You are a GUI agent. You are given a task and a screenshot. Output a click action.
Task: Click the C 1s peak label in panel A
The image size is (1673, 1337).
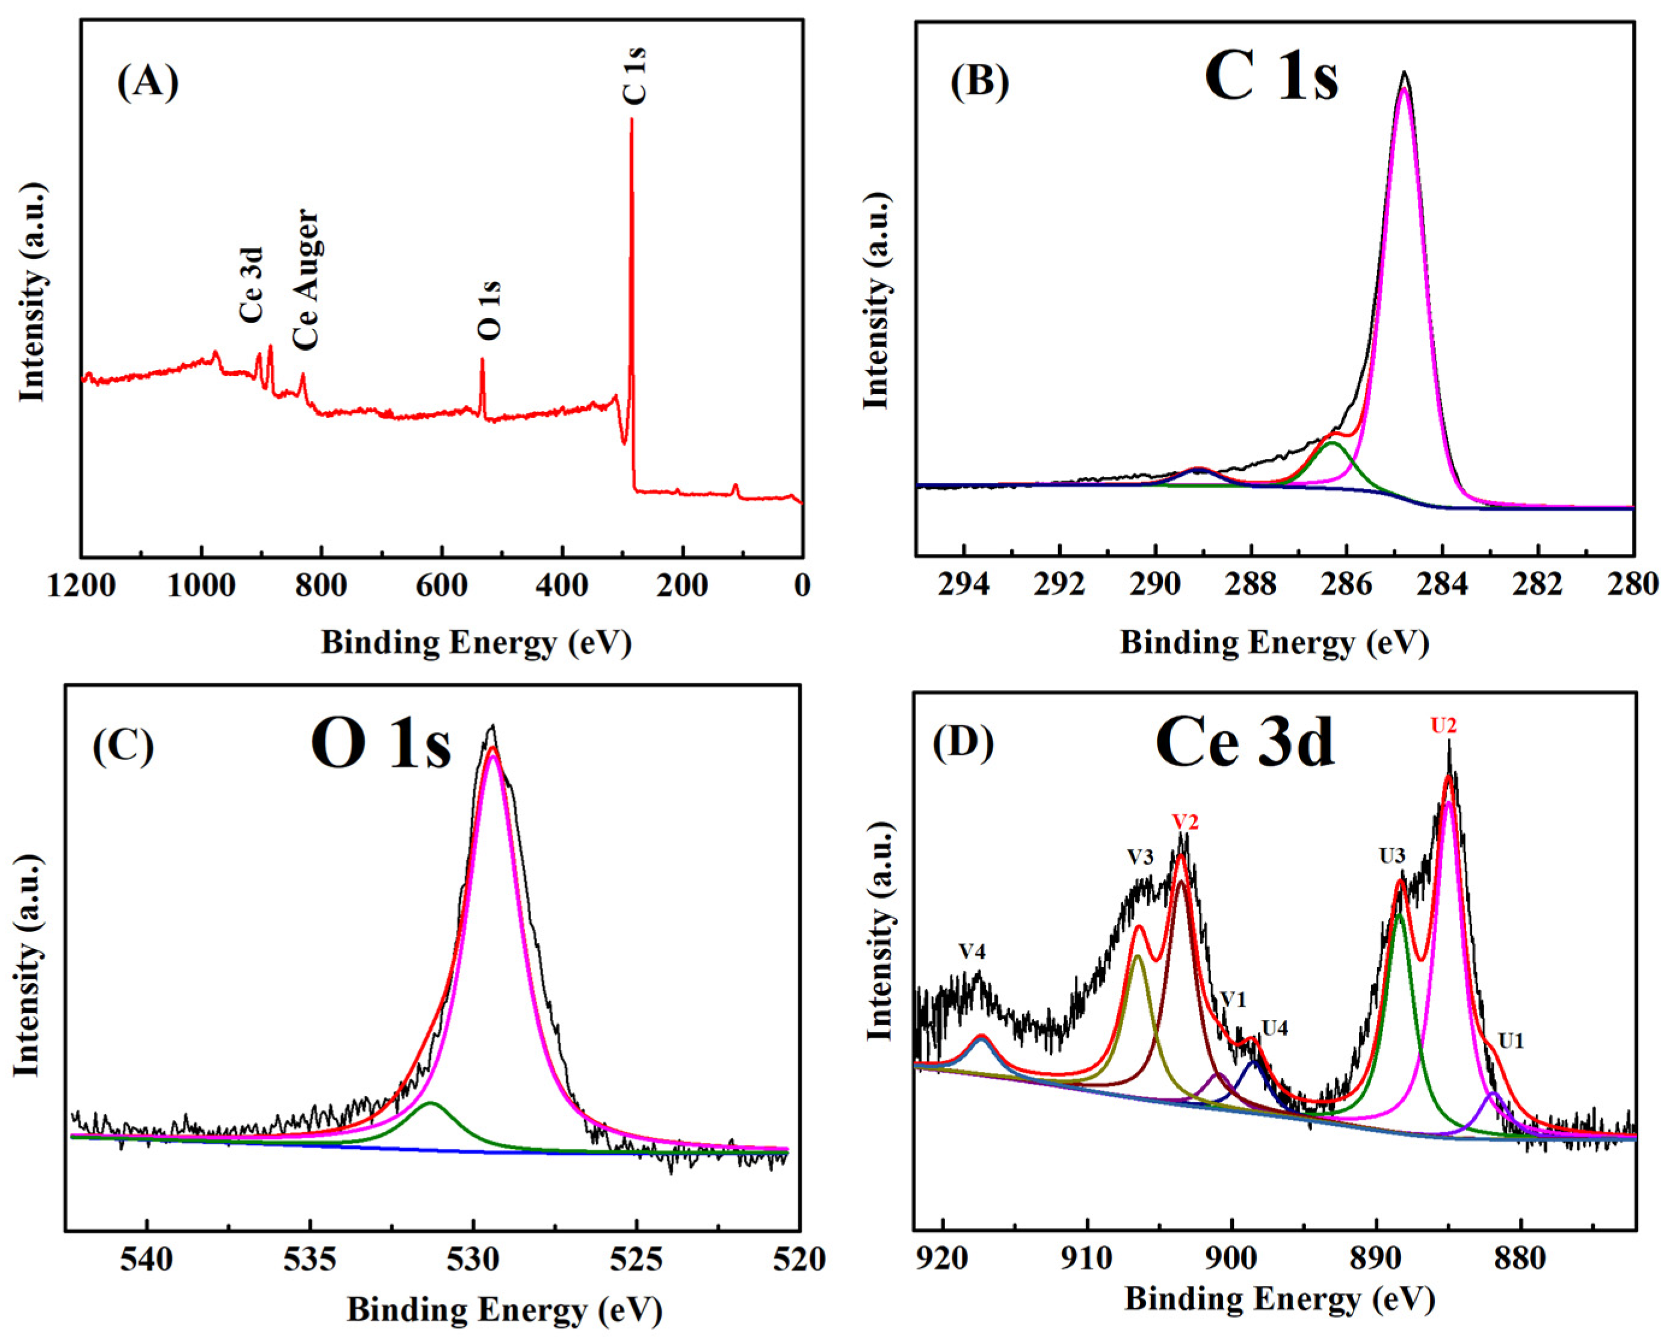click(635, 75)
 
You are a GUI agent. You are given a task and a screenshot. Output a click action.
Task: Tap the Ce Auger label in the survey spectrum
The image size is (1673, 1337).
click(306, 279)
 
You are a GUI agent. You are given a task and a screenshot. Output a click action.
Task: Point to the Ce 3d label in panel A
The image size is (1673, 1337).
click(251, 285)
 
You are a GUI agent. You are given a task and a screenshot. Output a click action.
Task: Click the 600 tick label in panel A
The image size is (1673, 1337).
click(442, 585)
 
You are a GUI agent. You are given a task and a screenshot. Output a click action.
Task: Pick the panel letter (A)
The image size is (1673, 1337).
click(147, 81)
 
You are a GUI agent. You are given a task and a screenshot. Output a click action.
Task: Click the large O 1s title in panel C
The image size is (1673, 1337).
click(380, 743)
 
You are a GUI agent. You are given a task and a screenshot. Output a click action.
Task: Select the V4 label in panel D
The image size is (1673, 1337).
click(972, 952)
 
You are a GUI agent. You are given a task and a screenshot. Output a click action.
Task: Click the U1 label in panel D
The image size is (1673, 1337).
click(1511, 1041)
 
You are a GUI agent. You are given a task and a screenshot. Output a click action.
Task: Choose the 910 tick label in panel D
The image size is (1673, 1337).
click(1087, 1259)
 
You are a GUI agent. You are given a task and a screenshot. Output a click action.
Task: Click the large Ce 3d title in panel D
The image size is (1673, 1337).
click(1245, 743)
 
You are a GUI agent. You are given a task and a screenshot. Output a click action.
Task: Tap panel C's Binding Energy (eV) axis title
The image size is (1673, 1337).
click(504, 1311)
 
